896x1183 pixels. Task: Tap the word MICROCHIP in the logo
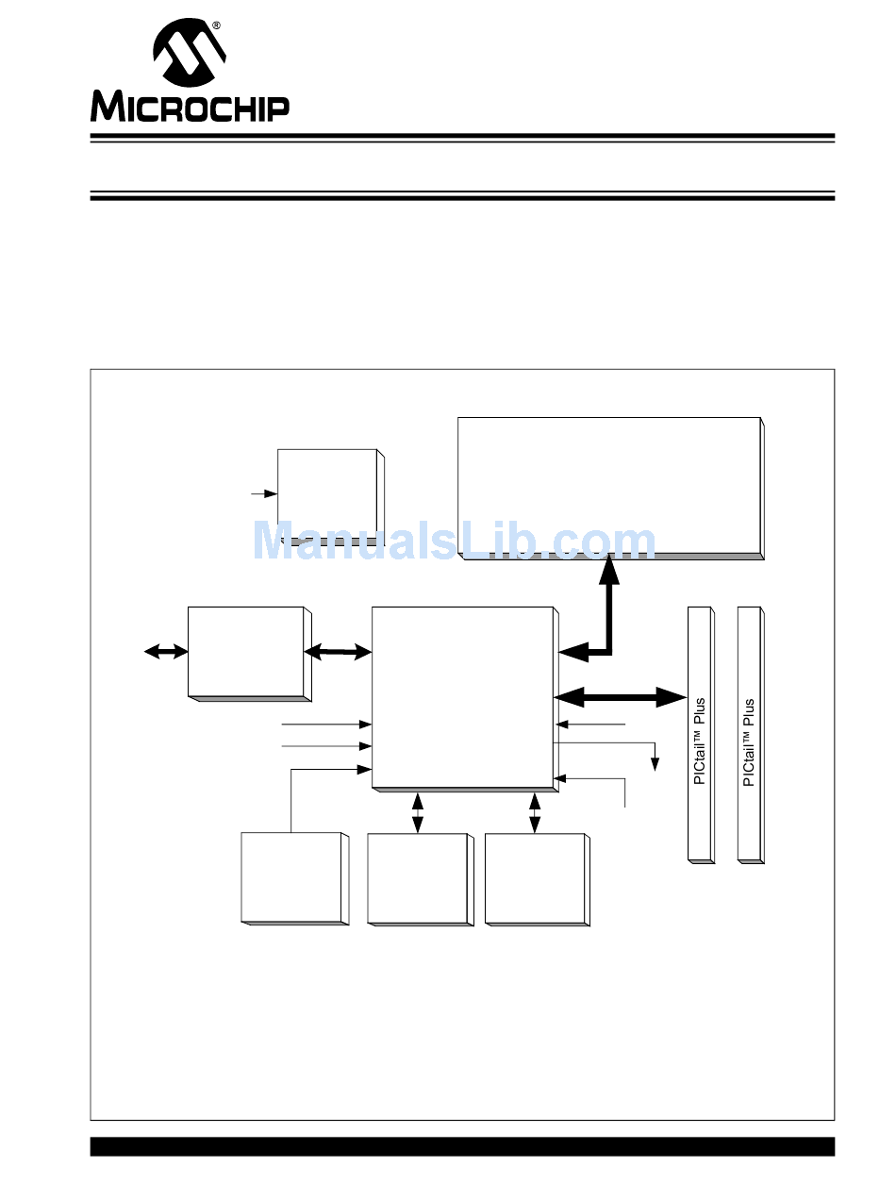[x=190, y=107]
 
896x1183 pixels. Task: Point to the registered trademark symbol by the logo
[x=217, y=25]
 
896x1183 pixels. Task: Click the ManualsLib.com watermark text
[x=454, y=542]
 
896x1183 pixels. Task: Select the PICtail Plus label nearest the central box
[x=699, y=742]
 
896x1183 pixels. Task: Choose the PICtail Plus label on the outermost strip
[x=749, y=742]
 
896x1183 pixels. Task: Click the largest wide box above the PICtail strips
[x=609, y=486]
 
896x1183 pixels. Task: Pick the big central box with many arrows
[x=462, y=695]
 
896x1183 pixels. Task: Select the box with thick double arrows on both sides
[x=247, y=652]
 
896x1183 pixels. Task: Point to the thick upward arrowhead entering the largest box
[x=609, y=569]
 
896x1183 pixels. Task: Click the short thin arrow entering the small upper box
[x=263, y=492]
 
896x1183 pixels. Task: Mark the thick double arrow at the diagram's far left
[x=165, y=651]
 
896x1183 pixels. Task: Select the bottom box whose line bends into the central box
[x=292, y=877]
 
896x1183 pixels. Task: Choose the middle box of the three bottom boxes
[x=418, y=878]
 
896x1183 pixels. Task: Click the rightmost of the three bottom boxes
[x=535, y=878]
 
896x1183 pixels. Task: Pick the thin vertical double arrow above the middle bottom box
[x=418, y=812]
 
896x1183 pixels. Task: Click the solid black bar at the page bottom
[x=462, y=1146]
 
